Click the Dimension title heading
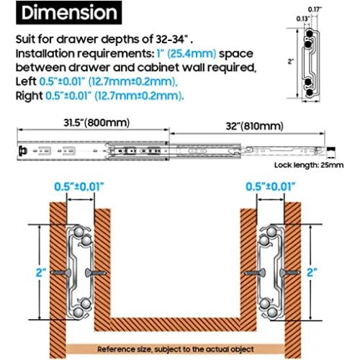[69, 12]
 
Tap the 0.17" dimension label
[315, 9]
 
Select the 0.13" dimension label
[303, 19]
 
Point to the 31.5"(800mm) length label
[96, 123]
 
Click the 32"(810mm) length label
[255, 126]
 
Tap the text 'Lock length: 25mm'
[309, 165]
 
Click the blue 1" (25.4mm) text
[186, 54]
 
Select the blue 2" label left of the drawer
[41, 272]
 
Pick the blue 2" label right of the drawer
[312, 272]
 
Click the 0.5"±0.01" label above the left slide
[79, 186]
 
